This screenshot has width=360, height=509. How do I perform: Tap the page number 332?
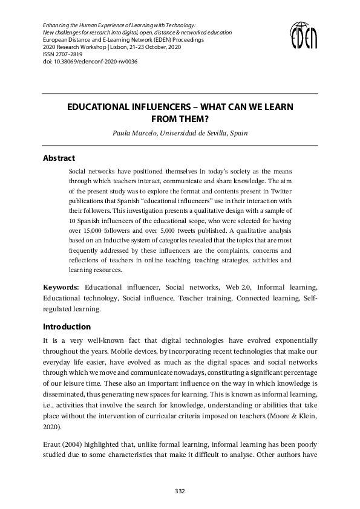(x=180, y=490)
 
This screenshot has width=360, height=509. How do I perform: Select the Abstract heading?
(x=59, y=158)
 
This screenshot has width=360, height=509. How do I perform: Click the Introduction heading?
(x=65, y=327)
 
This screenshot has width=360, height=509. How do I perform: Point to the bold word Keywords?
(x=61, y=287)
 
